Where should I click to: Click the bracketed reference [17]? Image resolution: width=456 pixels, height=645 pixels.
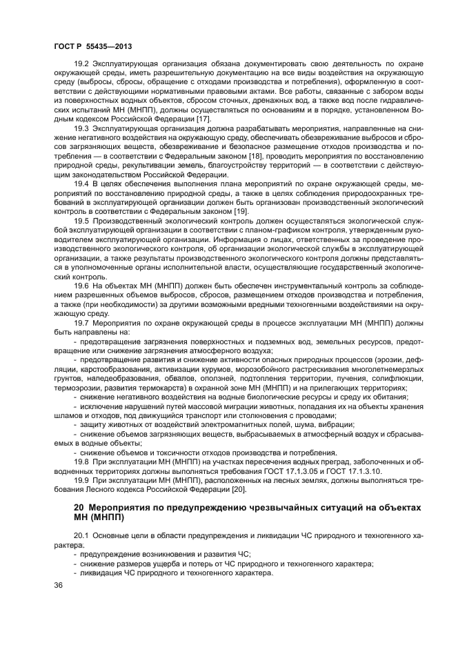point(204,119)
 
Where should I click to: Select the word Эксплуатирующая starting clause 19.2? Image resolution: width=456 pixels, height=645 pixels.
point(126,64)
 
